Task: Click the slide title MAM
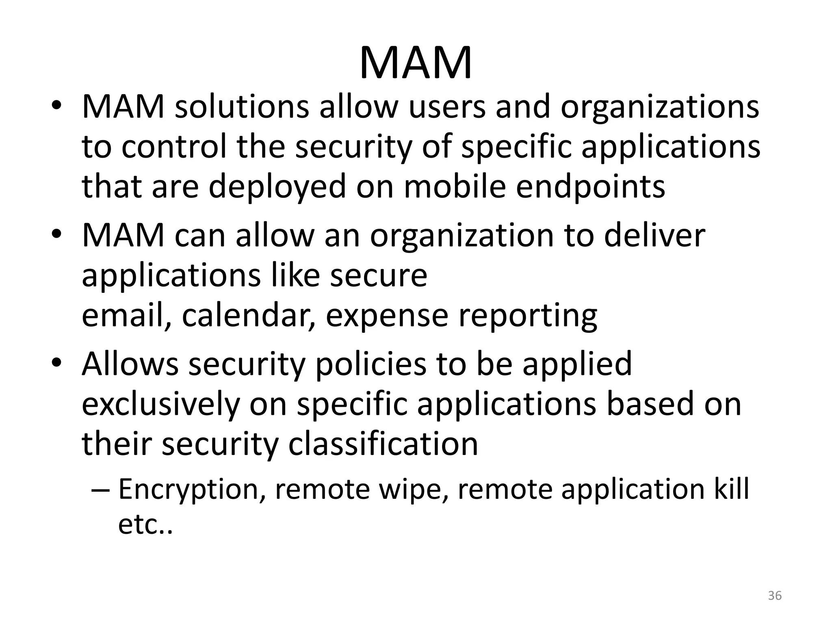pos(416,63)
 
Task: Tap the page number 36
pos(775,596)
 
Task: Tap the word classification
pos(383,444)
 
